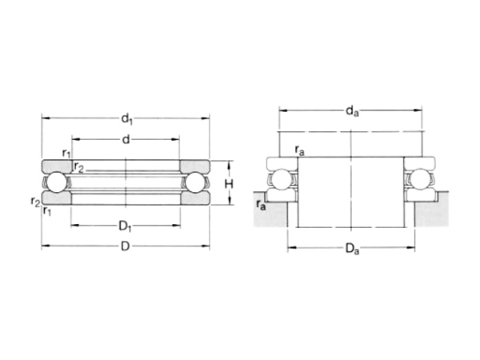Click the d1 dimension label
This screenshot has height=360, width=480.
(126, 119)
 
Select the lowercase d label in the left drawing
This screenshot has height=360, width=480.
(126, 140)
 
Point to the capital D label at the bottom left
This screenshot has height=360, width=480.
(126, 246)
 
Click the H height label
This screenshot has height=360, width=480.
(229, 183)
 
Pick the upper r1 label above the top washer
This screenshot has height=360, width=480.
(67, 153)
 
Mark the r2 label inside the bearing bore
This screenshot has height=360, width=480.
(79, 166)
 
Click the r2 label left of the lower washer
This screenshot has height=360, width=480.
(35, 201)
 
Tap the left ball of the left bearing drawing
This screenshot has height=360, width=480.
(57, 182)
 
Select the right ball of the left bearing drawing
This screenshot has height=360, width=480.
(195, 182)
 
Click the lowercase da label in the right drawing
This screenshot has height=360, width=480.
(351, 113)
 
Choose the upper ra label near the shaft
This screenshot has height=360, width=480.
(299, 149)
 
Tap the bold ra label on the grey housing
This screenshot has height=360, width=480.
(261, 206)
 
